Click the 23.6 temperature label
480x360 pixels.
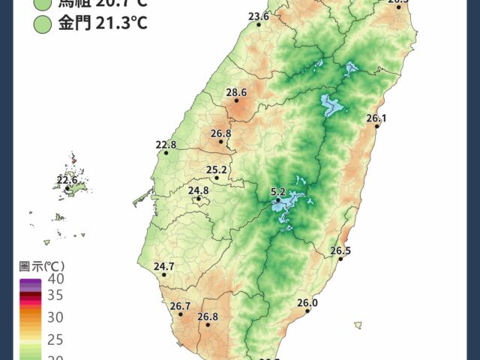coord(258,16)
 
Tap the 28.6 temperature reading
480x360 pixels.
coord(236,92)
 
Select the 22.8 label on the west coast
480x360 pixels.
coord(166,145)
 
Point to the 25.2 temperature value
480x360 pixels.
coord(217,169)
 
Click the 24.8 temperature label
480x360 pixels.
coord(199,191)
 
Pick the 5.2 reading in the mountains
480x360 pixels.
coord(278,192)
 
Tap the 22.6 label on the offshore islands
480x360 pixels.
coord(67,180)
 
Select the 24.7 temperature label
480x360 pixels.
coord(163,266)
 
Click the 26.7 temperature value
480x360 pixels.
coord(181,306)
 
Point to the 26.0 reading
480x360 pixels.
coord(307,303)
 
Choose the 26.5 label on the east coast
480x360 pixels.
coord(340,250)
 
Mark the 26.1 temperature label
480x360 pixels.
coord(376,118)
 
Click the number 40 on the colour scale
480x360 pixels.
coord(56,279)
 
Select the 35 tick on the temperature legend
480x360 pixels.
coord(56,295)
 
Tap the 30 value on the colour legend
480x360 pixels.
coord(56,317)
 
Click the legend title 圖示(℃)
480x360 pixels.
coord(42,265)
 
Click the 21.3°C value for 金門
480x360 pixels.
coord(121,24)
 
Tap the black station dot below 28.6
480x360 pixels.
coord(236,100)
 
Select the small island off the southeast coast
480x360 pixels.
coord(358,325)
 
